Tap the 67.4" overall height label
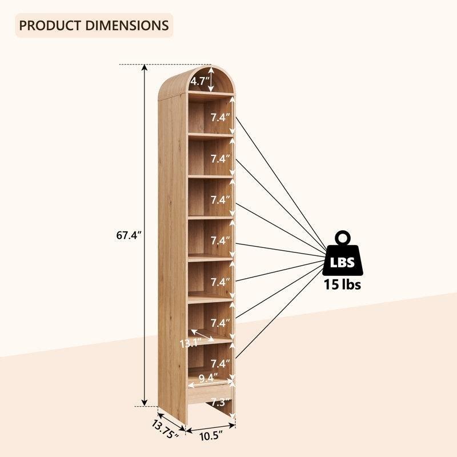point(129,235)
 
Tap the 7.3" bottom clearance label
point(219,403)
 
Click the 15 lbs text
point(342,284)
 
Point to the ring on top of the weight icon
point(343,238)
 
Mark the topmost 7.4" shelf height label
point(221,118)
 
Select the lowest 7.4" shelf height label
point(221,364)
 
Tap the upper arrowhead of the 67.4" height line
point(145,67)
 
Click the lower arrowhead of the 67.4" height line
point(145,402)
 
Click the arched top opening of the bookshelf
point(211,79)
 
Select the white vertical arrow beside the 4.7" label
point(211,79)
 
